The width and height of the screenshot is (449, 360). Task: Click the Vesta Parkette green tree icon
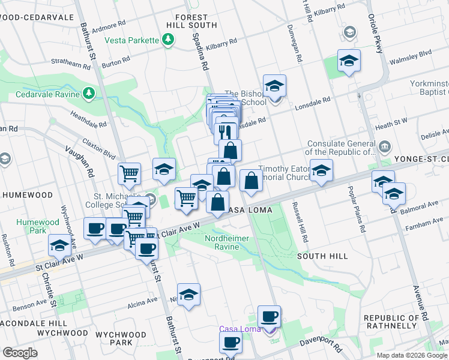point(169,40)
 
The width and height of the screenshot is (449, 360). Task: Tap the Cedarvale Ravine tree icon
point(89,93)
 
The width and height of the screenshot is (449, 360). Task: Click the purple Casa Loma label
point(240,329)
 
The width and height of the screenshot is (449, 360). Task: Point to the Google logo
point(20,353)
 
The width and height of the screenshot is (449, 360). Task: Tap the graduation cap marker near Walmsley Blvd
point(349,61)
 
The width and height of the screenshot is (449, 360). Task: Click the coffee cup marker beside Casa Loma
point(269,316)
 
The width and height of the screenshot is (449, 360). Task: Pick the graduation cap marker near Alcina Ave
point(188,295)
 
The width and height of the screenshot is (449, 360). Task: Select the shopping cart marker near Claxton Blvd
point(129,174)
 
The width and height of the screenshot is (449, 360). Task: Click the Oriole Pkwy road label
point(376,34)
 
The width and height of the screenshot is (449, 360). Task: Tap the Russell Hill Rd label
point(301,222)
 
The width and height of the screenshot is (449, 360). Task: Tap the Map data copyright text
point(412,354)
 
